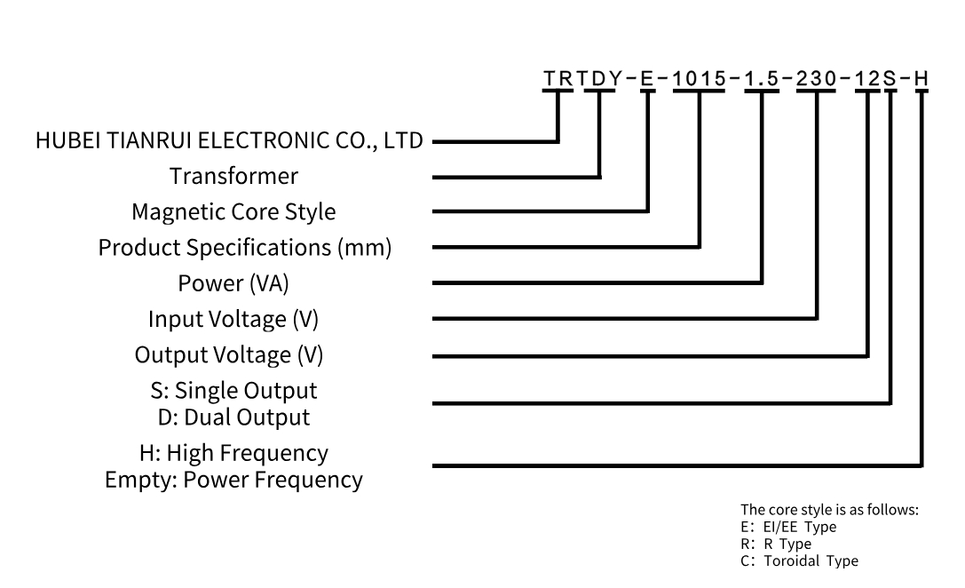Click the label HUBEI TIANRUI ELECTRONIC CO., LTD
point(229,140)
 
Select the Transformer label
point(234,176)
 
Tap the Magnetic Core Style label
point(233,212)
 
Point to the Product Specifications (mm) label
point(245,248)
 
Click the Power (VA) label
point(234,283)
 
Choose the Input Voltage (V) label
point(234,319)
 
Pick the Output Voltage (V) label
point(229,355)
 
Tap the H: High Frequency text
point(234,453)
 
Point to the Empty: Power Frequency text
point(233,480)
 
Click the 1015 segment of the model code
point(700,78)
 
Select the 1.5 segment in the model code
point(762,78)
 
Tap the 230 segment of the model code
point(817,78)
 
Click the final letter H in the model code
point(921,78)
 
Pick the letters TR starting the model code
point(559,78)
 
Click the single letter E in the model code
point(646,78)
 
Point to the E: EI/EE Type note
point(788,527)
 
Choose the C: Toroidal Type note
point(799,560)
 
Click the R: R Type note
point(776,544)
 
